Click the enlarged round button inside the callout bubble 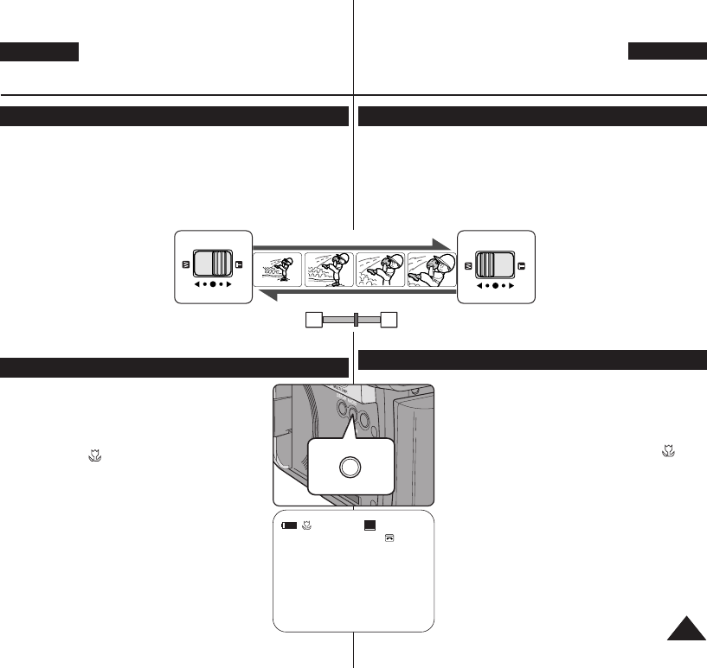click(x=350, y=467)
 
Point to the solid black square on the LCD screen click(x=370, y=524)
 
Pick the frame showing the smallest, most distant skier click(x=278, y=270)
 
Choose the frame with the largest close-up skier click(x=431, y=270)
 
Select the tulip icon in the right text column click(x=668, y=451)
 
